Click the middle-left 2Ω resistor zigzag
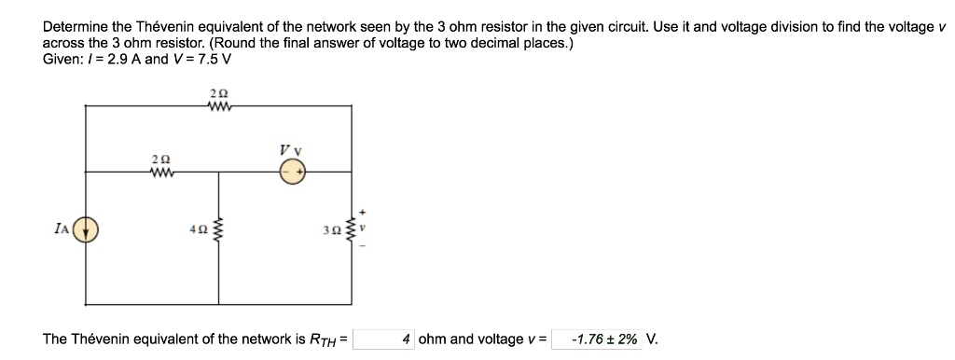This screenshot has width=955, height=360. [x=159, y=173]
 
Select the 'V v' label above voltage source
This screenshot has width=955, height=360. [x=289, y=150]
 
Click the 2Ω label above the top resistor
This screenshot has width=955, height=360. [x=219, y=92]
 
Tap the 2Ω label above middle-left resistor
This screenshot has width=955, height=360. [x=159, y=159]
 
